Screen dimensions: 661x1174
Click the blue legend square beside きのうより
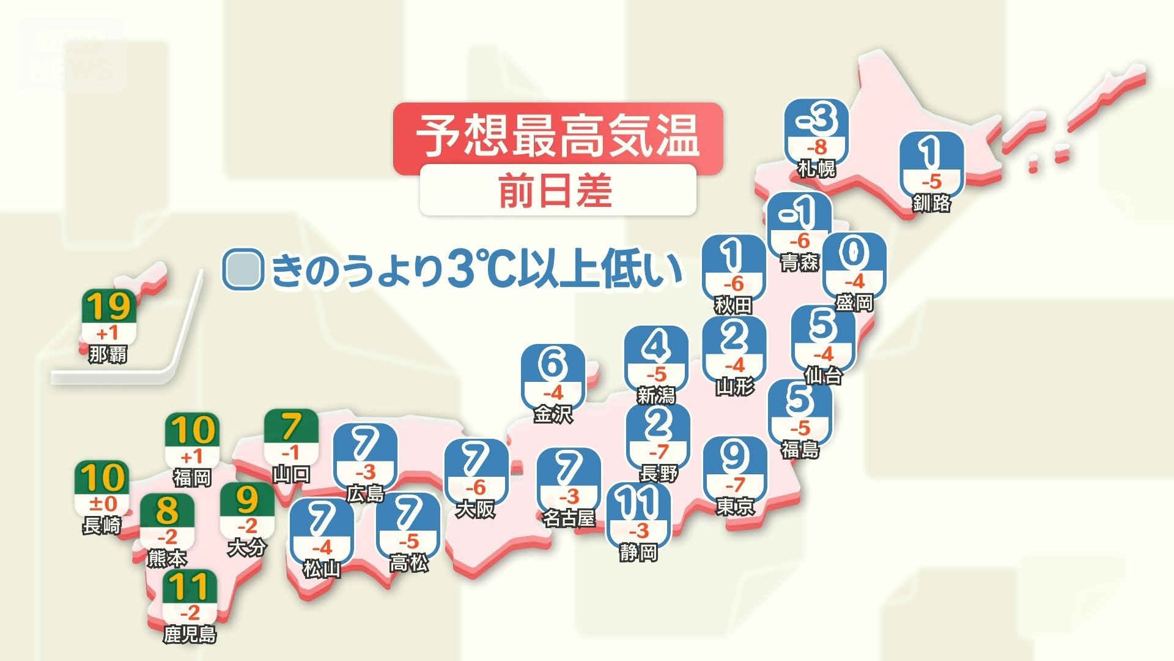243,269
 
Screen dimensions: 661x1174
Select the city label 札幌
816,168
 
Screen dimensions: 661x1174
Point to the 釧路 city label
931,203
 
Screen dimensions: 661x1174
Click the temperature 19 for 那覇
109,307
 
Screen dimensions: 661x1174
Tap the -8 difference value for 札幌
816,148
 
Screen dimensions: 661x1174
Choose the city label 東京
735,507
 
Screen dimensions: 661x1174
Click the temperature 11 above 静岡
638,503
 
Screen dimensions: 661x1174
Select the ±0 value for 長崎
102,504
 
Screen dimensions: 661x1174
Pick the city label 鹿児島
190,634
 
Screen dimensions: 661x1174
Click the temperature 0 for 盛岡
854,253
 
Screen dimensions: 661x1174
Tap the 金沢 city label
553,414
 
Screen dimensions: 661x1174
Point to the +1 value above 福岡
191,457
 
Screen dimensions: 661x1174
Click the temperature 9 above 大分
247,500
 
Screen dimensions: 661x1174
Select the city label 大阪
475,509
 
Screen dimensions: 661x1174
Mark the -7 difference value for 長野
659,452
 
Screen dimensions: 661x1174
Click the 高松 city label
408,563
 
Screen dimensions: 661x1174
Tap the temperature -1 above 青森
799,212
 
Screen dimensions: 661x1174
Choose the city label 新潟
656,396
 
